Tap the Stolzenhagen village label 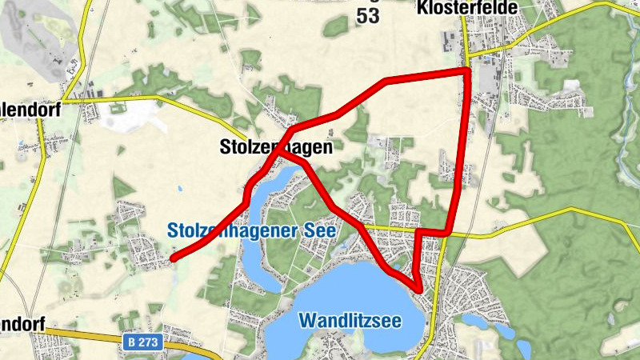click(x=275, y=147)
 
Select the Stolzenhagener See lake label click(x=252, y=230)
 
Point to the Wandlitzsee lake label click(x=361, y=321)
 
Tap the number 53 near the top click(x=368, y=16)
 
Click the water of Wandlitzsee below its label click(x=360, y=340)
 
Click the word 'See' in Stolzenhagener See click(x=321, y=230)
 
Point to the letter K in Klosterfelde click(x=422, y=8)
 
